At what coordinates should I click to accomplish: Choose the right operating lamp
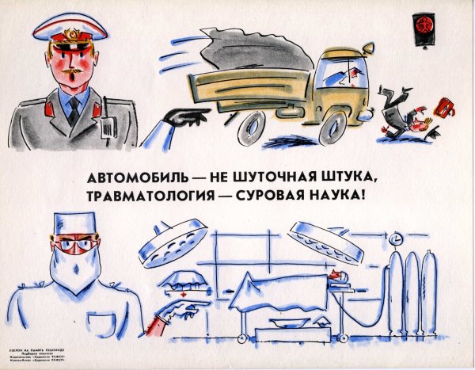(325, 241)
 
